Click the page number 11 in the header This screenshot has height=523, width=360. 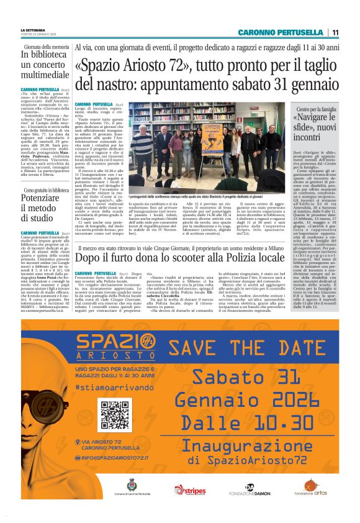(x=335, y=32)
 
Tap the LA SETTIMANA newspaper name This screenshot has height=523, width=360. (x=34, y=29)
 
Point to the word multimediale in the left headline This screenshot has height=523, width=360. (x=45, y=75)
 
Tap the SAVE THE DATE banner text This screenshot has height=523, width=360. (x=246, y=348)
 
